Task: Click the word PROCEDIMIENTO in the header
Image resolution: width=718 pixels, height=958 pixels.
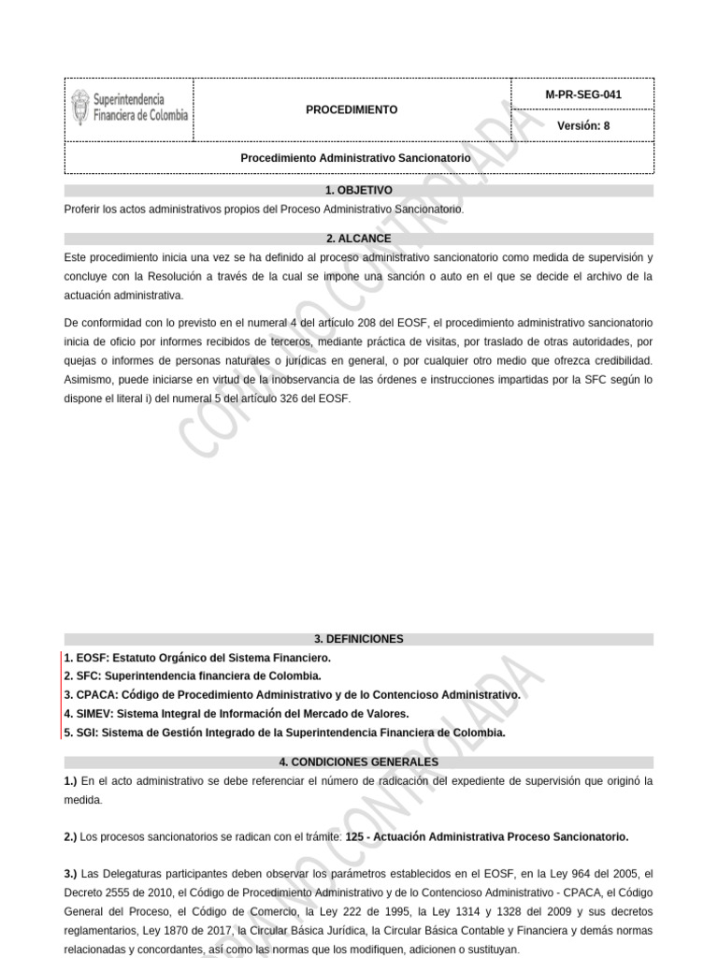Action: tap(352, 109)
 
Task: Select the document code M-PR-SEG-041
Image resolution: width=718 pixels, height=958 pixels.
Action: tap(582, 94)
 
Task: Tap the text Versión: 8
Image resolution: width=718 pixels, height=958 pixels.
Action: tap(582, 125)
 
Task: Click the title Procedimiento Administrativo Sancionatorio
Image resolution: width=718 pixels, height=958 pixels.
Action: tap(355, 159)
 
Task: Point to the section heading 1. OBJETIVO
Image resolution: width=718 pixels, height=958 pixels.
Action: tap(359, 190)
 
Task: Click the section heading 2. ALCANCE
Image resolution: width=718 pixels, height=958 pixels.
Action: tap(359, 239)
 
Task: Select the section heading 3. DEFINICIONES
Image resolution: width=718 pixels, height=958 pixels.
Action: tap(359, 639)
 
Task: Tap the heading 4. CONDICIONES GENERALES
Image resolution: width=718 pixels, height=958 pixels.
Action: tap(359, 762)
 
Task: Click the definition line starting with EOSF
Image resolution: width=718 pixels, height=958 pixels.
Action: tap(196, 658)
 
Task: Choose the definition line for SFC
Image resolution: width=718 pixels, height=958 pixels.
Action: tap(193, 675)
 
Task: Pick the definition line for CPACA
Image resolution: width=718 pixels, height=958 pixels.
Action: tap(292, 695)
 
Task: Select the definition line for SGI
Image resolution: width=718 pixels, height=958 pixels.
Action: tap(284, 733)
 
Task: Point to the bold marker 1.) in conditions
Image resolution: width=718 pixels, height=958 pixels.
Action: tap(71, 780)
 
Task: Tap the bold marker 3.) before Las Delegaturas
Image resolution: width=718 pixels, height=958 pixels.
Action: tap(71, 873)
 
